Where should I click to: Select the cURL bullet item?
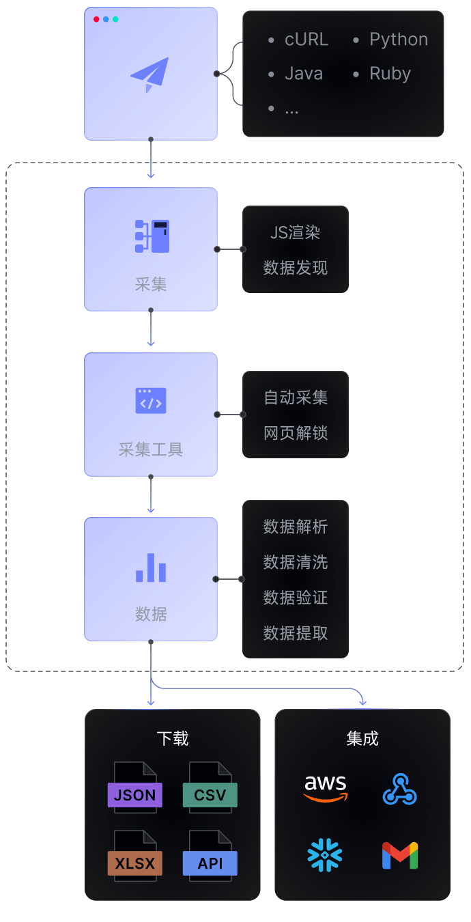[306, 40]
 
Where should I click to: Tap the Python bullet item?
[398, 40]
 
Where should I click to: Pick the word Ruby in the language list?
[390, 74]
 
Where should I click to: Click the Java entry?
[303, 74]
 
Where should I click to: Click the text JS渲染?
[296, 232]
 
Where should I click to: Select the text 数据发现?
[296, 268]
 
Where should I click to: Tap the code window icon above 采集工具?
[151, 402]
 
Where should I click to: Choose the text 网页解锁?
[296, 433]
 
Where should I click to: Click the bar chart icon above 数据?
[151, 567]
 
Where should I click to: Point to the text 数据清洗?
[296, 562]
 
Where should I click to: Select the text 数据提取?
[296, 633]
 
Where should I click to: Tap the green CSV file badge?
[210, 795]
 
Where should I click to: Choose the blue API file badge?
[210, 863]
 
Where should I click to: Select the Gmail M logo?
[399, 856]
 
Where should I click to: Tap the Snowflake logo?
[325, 856]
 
